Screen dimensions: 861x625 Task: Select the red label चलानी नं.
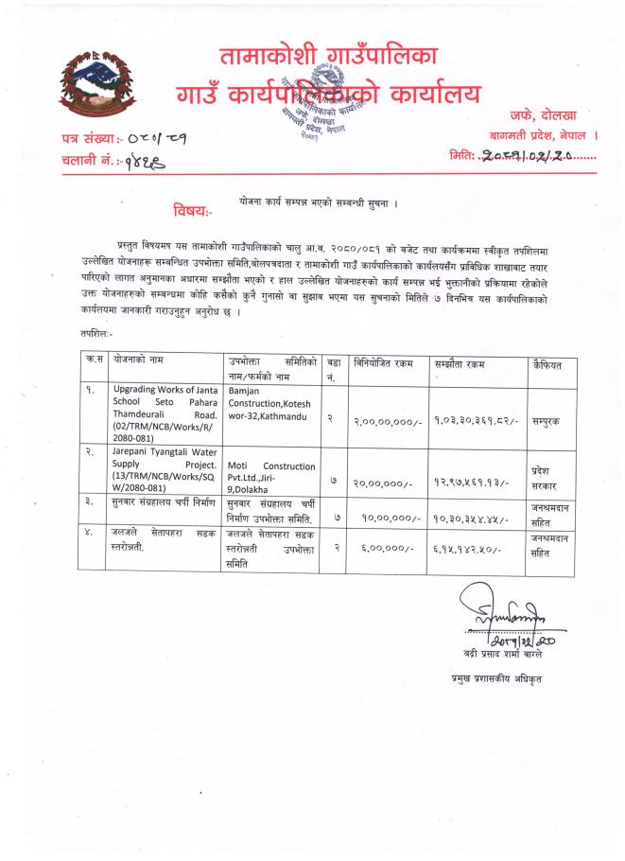pos(88,162)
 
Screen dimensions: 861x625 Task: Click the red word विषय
pos(192,208)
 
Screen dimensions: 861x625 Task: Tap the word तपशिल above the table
pos(95,334)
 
